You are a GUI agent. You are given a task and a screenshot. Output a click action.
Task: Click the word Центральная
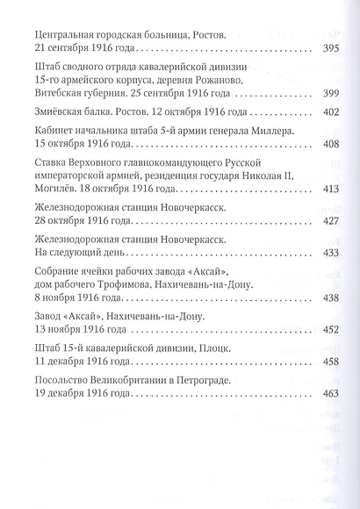(x=63, y=35)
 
